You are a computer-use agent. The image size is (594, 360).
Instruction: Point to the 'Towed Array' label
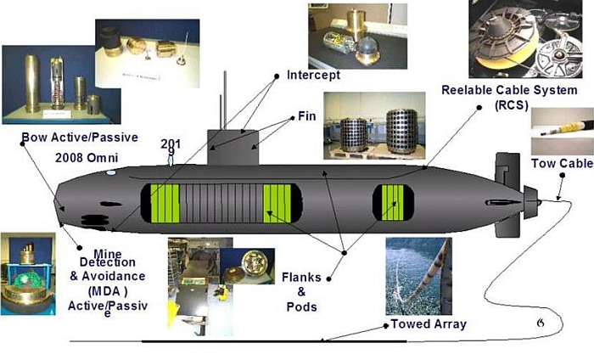429,323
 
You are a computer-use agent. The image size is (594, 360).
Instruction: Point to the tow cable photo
560,132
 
